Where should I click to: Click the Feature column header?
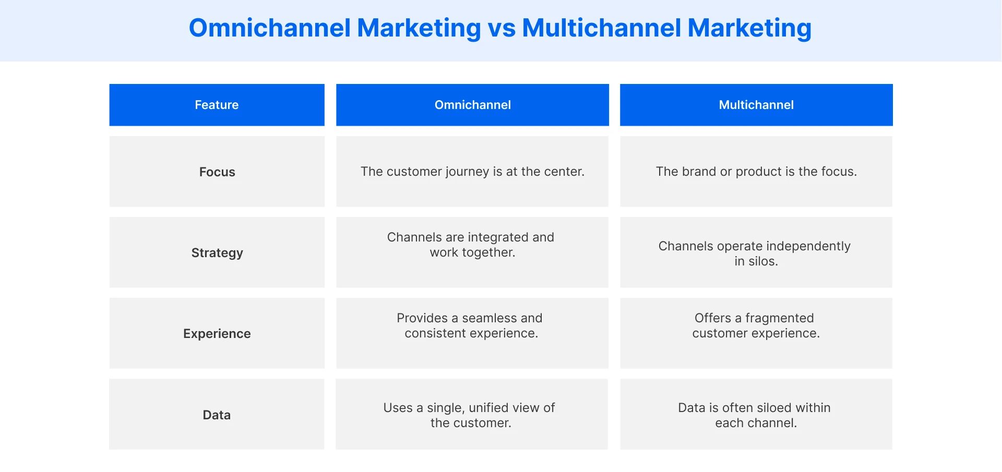click(x=217, y=105)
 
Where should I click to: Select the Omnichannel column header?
click(x=472, y=105)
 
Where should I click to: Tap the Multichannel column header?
click(x=756, y=105)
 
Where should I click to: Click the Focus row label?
click(x=217, y=172)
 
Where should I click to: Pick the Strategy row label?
click(x=217, y=253)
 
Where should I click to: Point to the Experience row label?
click(x=217, y=334)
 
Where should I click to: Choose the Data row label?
click(x=217, y=415)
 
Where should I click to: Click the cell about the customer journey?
click(x=472, y=172)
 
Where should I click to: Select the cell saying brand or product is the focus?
click(x=756, y=172)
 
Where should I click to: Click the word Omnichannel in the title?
click(x=270, y=28)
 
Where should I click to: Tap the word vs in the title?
click(x=502, y=28)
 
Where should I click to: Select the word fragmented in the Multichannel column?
click(x=779, y=318)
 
